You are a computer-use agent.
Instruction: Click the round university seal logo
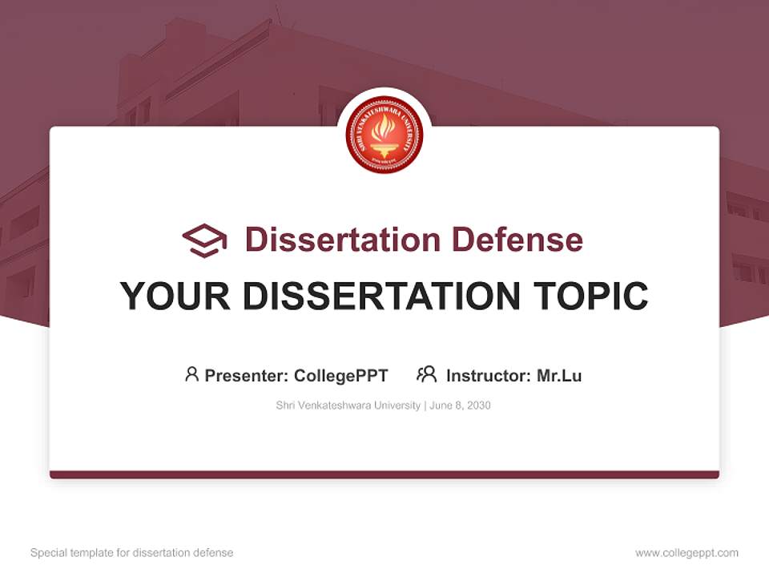click(384, 135)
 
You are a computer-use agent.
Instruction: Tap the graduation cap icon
click(204, 240)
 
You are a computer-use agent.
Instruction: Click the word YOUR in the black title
click(175, 296)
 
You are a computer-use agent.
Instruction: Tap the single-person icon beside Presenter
click(191, 374)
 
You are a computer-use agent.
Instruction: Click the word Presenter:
click(246, 375)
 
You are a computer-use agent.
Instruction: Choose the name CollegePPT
click(341, 375)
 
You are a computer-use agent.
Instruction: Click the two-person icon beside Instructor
click(427, 374)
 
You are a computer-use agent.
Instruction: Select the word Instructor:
click(488, 375)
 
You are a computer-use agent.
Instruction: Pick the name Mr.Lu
click(559, 375)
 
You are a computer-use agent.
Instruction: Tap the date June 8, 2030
click(460, 406)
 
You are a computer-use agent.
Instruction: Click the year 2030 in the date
click(477, 406)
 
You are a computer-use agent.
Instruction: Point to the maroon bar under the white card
click(384, 474)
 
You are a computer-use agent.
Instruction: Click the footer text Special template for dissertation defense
click(131, 553)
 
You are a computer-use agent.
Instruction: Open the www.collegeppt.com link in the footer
click(686, 553)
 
